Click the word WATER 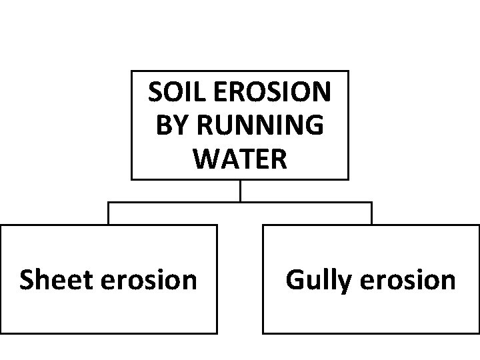coord(240,158)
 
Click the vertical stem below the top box coord(240,191)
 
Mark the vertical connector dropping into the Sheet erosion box coord(109,213)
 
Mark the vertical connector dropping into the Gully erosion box coord(371,213)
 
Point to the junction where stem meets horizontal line coord(240,202)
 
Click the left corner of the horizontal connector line coord(109,202)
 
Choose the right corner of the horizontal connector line coord(371,202)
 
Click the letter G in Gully coord(295,280)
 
